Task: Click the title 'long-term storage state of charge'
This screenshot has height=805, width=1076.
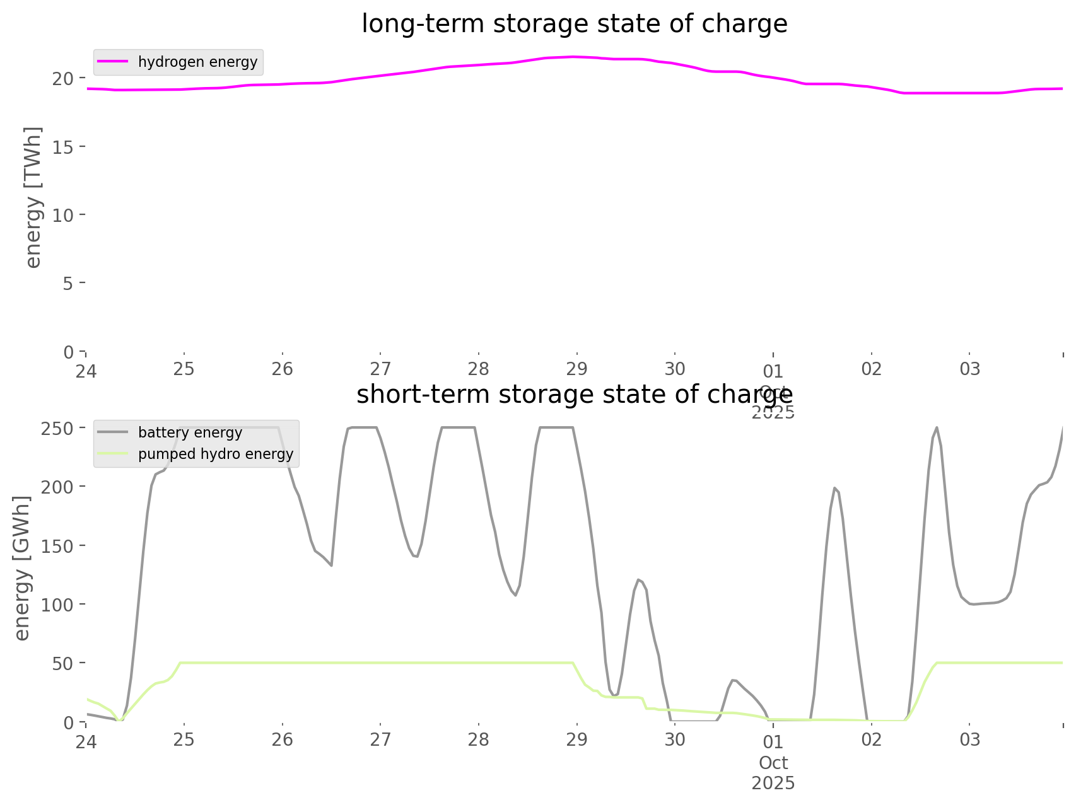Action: point(574,24)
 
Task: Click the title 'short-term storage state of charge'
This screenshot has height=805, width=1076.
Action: point(574,395)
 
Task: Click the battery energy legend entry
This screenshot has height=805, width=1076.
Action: point(190,432)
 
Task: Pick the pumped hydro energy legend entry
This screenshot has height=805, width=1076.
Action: point(215,454)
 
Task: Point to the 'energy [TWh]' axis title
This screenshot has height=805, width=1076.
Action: point(33,197)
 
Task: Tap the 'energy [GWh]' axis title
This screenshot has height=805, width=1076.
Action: point(22,568)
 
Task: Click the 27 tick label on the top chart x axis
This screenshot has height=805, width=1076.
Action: point(380,369)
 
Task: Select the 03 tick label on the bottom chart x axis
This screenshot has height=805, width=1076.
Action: point(970,739)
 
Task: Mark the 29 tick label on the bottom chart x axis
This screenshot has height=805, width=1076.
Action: point(576,739)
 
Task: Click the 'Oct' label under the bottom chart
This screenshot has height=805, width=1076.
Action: point(773,763)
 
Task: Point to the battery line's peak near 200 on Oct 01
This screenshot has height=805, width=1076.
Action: point(834,487)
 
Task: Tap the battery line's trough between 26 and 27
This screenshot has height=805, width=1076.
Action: point(331,565)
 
